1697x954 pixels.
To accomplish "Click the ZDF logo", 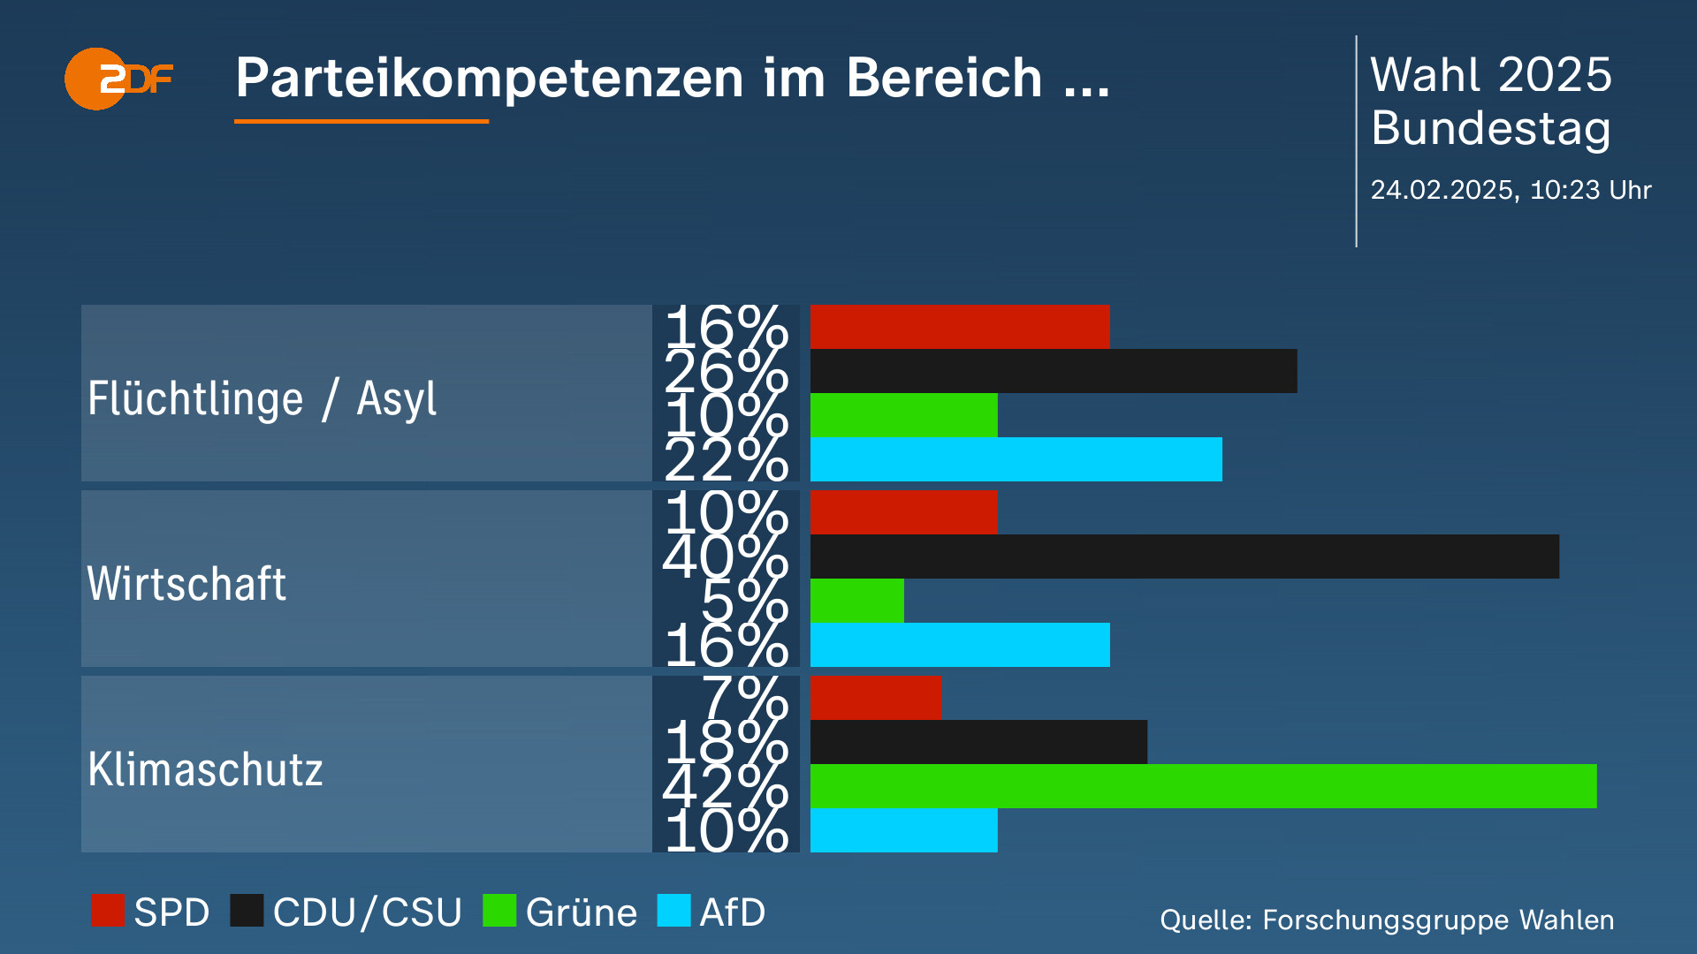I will point(118,79).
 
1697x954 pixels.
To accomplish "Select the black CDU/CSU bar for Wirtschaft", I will point(1184,556).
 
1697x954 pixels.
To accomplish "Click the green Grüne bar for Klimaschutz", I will point(1203,786).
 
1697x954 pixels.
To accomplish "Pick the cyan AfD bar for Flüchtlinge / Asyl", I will point(1016,459).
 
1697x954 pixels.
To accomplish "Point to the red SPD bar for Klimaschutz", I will point(875,698).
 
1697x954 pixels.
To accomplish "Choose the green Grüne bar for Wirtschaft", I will point(856,601).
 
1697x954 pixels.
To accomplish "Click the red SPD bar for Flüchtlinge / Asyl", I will point(959,327).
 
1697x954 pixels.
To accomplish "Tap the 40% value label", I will point(726,557).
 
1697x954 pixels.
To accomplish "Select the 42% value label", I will point(726,786).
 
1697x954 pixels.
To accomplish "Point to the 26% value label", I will point(726,372).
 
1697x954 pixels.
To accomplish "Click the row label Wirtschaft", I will point(186,584).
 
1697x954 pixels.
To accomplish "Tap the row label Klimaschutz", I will point(205,769).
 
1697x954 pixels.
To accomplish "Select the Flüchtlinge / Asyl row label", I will point(262,398).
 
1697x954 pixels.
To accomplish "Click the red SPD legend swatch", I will point(108,911).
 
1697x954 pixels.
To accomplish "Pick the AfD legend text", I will point(732,912).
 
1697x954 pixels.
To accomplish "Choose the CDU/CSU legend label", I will point(367,912).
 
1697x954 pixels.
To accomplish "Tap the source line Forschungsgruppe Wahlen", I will point(1386,920).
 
